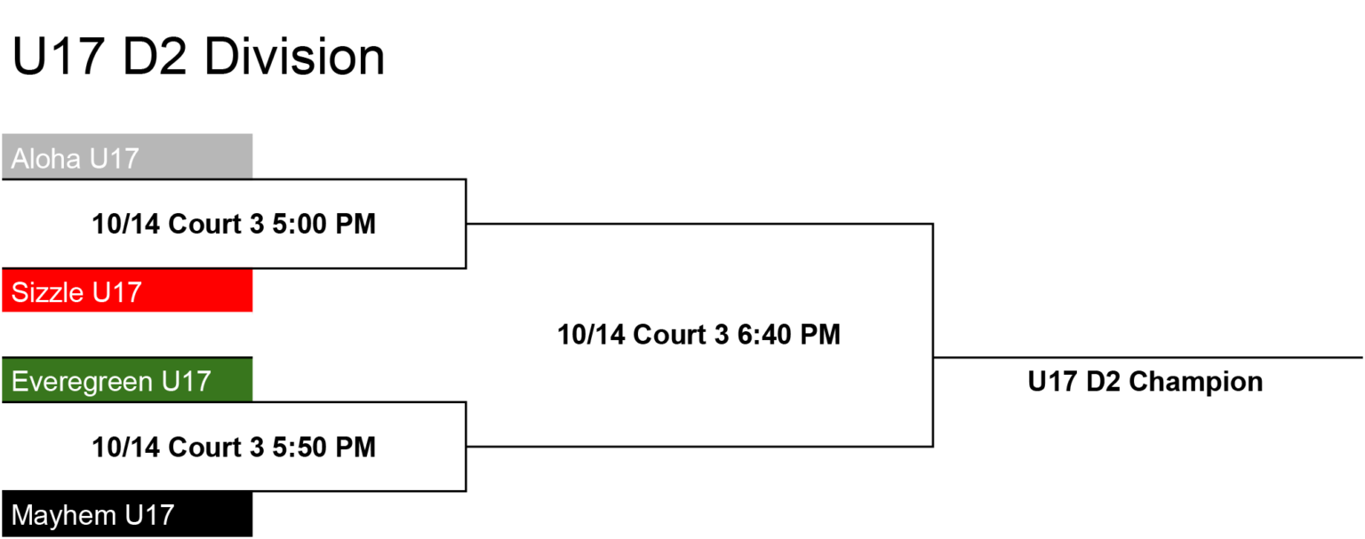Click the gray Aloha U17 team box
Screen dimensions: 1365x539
click(127, 156)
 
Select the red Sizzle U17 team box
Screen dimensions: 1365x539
click(127, 290)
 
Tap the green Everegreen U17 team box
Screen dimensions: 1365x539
click(127, 380)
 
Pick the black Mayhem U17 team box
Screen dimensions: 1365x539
click(127, 514)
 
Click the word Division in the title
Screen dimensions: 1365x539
click(294, 57)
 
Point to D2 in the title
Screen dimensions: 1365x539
click(154, 57)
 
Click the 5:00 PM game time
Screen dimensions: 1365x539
click(323, 224)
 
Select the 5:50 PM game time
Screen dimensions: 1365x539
click(323, 447)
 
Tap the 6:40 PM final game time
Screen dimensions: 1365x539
click(789, 335)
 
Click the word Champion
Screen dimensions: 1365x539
click(1195, 382)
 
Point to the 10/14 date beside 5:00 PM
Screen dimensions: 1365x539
click(126, 224)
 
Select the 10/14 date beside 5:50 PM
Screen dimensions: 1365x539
click(126, 447)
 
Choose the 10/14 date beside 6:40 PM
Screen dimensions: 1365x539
click(592, 335)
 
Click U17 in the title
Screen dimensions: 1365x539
click(58, 57)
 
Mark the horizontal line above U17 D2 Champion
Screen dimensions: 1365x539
click(1148, 358)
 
